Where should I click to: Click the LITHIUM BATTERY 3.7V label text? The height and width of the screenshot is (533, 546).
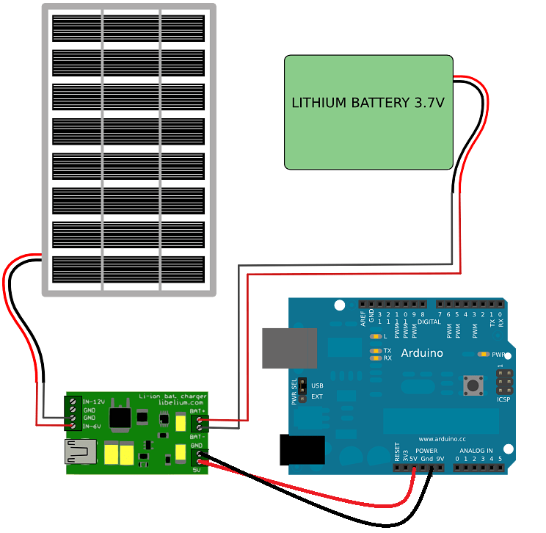(x=368, y=103)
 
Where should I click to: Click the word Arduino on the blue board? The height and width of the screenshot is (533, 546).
(x=422, y=353)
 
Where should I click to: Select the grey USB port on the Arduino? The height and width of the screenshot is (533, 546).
(x=289, y=348)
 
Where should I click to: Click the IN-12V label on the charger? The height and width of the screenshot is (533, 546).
(x=92, y=402)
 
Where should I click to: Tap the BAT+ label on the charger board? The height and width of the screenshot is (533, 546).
(x=197, y=411)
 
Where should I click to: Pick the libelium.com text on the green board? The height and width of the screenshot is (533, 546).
(x=181, y=402)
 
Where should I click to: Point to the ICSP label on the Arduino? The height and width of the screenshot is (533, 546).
(x=503, y=399)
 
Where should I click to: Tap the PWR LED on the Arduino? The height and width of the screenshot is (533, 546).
(x=483, y=354)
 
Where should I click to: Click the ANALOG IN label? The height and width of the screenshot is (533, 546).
(x=476, y=450)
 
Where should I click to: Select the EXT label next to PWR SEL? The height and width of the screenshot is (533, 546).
(x=317, y=396)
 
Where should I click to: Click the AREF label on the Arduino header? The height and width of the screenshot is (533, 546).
(x=363, y=318)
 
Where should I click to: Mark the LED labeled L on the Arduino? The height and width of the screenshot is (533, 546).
(x=375, y=336)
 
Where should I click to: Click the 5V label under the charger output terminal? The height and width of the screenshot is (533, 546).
(x=196, y=470)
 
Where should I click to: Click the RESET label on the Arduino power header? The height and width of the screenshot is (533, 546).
(x=398, y=451)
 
